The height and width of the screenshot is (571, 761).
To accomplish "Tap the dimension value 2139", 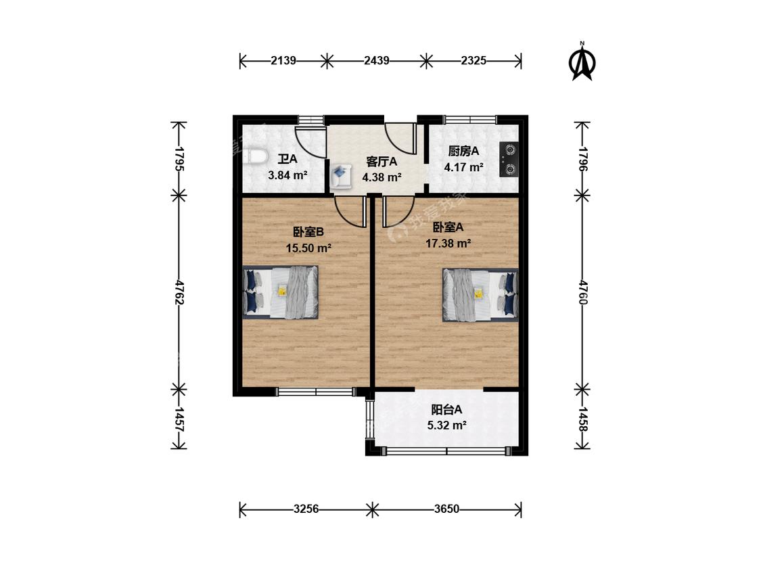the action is coord(283,61).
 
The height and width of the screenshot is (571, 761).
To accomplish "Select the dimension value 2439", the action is coord(377,61).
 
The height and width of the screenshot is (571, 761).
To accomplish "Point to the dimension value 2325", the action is coord(474,61).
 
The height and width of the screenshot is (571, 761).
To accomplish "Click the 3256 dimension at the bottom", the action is coord(306,509).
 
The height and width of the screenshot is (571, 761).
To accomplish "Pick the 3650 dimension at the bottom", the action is coord(446,509).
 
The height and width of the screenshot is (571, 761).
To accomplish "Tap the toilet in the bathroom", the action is coord(254,158).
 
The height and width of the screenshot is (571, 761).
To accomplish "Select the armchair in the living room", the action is coord(342,176).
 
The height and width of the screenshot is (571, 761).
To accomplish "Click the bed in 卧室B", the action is coord(281,292).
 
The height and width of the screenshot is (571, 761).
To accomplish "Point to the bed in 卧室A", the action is coord(480,295).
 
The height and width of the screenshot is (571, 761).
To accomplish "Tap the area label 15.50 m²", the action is coord(308,248).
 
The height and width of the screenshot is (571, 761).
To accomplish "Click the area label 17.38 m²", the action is coord(448,244).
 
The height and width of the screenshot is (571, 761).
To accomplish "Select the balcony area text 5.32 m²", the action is coord(447,426).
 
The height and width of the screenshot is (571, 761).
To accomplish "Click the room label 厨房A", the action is coord(463,151).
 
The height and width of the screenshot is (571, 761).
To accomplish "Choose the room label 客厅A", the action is coord(382,161).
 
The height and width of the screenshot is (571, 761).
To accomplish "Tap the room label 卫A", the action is coord(287,159).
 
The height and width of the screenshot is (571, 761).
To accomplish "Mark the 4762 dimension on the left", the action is coord(179,292).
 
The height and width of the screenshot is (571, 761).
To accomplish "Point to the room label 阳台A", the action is coord(446,410).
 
